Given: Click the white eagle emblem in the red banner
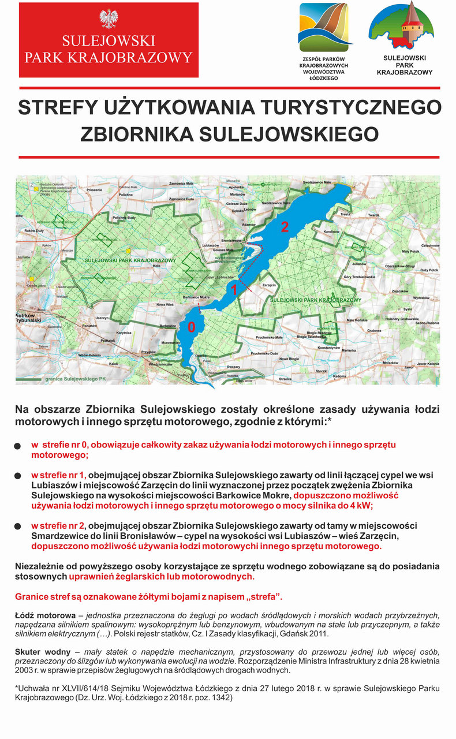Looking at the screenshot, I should point(109,18).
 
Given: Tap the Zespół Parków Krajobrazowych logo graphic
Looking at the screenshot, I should point(323,27).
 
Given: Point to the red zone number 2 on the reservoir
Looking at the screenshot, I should point(284,227).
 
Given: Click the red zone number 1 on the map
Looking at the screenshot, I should point(234,290).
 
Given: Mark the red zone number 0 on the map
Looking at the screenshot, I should point(192,327).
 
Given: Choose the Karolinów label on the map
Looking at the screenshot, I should point(331,231).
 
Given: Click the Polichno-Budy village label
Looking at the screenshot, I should point(125,217).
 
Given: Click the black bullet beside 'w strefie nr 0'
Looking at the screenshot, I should point(17,446).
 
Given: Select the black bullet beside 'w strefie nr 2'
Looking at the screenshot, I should point(17,527).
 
